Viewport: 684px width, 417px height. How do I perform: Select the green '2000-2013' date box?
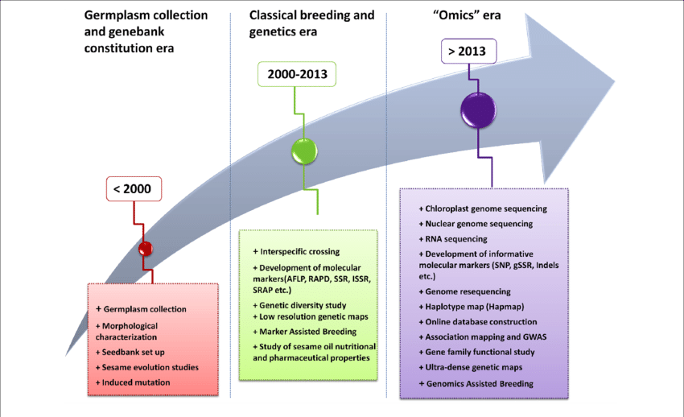(x=297, y=76)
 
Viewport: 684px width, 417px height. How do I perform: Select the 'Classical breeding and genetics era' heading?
(x=311, y=23)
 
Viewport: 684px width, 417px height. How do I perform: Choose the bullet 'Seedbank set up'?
(x=135, y=353)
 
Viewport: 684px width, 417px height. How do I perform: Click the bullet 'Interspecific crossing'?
(x=296, y=252)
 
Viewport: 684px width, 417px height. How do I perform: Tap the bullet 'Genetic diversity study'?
(x=303, y=305)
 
